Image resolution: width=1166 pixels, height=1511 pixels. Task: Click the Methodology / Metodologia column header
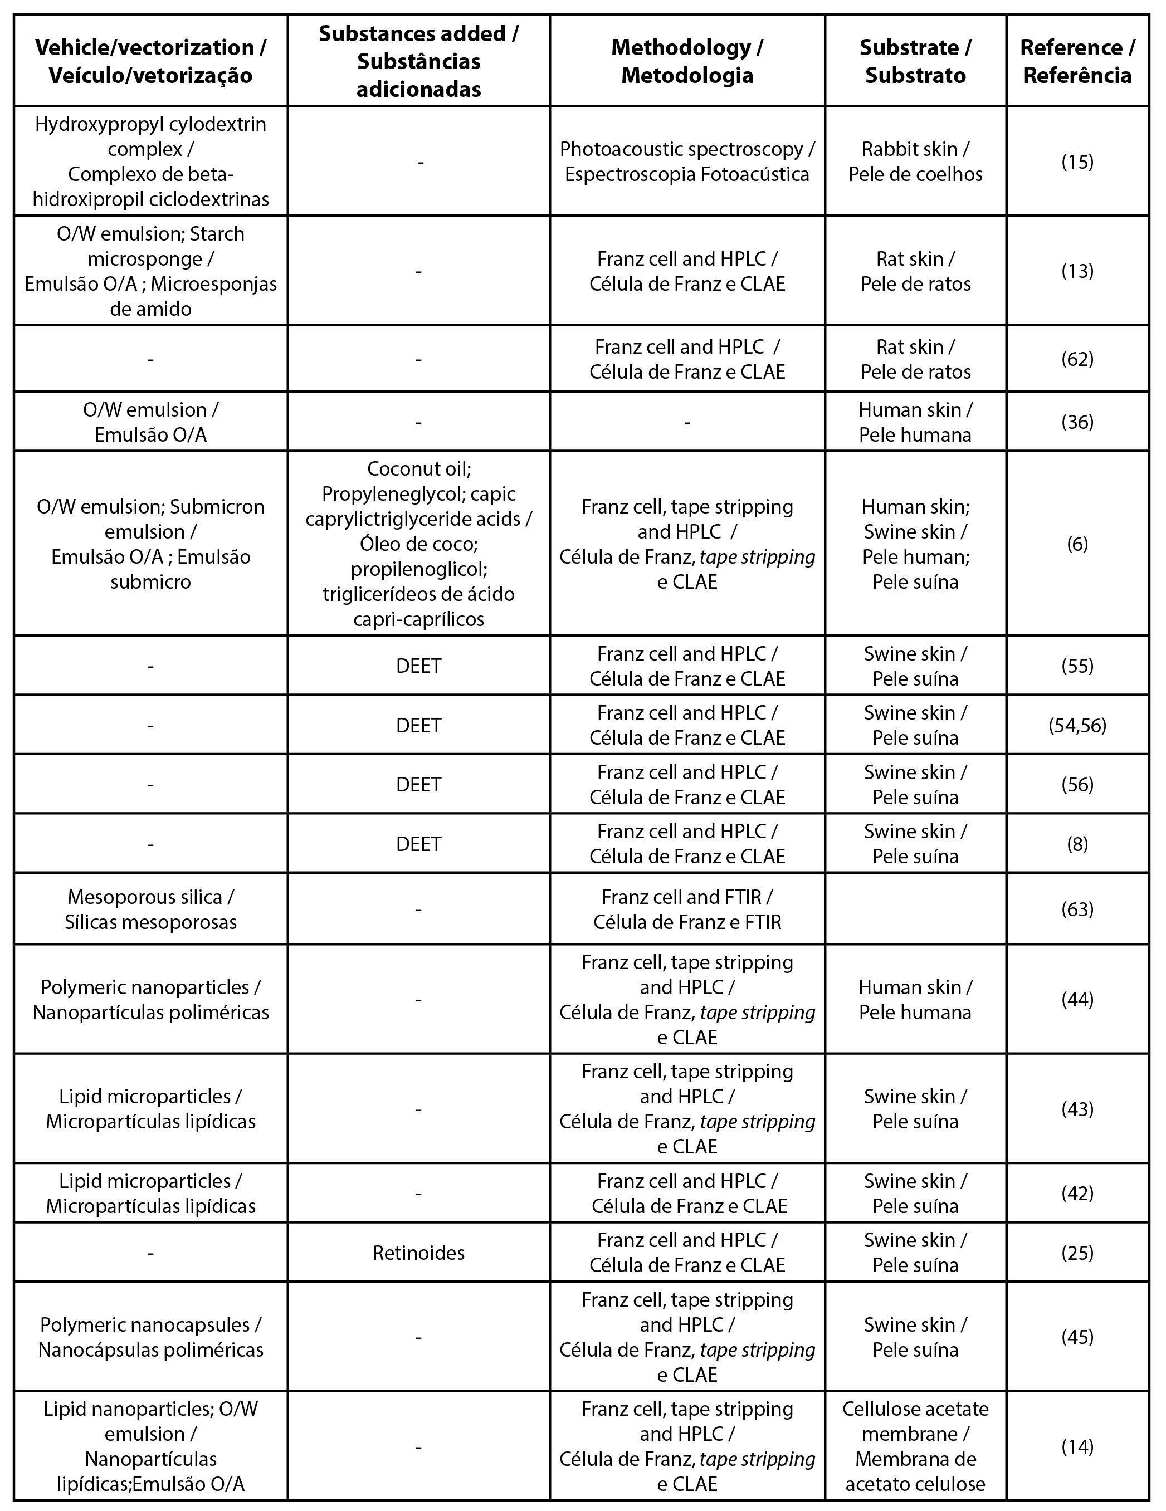click(x=686, y=61)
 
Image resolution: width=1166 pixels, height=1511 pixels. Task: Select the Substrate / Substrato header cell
click(x=915, y=61)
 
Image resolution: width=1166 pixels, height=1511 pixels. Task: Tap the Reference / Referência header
click(x=1077, y=61)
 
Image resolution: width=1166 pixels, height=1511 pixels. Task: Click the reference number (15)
click(x=1077, y=162)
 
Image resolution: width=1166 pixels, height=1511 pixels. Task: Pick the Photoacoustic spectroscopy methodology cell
click(x=686, y=162)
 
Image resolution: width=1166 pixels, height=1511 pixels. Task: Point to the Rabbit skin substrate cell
click(x=915, y=162)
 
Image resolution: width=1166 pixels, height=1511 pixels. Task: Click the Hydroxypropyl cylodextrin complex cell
click(x=150, y=162)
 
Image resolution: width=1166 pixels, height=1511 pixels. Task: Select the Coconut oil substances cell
click(x=418, y=544)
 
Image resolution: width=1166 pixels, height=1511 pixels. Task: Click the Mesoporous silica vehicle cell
click(x=150, y=909)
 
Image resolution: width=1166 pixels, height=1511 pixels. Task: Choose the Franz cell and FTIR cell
click(x=686, y=909)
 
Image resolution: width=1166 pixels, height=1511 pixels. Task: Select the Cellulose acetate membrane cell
click(x=915, y=1446)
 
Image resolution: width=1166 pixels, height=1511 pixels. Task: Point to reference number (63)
click(x=1077, y=909)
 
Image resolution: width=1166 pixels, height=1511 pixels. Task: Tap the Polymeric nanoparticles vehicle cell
click(x=150, y=1000)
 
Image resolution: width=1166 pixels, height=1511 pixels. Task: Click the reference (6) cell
click(x=1077, y=544)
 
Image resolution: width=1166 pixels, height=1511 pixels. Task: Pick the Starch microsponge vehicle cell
click(x=150, y=271)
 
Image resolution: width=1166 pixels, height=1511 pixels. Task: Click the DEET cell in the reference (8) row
click(x=418, y=843)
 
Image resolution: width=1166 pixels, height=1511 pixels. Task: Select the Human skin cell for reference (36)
click(x=915, y=422)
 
